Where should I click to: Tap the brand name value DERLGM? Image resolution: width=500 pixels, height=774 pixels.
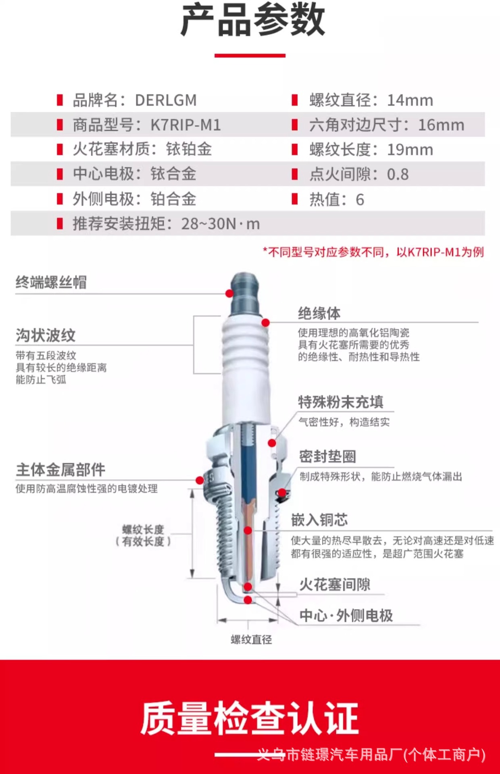(166, 100)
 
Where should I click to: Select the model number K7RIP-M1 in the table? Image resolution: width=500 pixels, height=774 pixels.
(186, 125)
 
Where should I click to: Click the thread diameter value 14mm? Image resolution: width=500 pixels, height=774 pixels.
(410, 100)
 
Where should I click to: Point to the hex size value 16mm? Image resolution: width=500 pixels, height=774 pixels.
(441, 125)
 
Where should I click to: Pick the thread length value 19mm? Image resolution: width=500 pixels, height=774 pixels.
(410, 150)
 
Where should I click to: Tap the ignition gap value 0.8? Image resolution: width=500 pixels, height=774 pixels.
(398, 175)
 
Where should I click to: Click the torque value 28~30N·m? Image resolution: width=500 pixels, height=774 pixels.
(221, 224)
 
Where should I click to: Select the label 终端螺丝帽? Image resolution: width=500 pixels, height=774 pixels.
(51, 282)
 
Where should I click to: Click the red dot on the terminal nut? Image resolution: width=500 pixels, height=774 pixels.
(229, 293)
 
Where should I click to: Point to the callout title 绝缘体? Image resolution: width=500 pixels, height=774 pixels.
(319, 313)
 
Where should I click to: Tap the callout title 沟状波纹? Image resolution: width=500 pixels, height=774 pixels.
(46, 335)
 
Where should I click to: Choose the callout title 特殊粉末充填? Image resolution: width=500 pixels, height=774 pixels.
(341, 402)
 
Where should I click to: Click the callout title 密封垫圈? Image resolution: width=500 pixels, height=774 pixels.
(327, 456)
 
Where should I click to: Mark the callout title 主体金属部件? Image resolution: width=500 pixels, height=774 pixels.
(60, 470)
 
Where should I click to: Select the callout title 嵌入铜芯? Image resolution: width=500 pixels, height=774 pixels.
(319, 520)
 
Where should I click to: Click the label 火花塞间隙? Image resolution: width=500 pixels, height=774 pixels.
(335, 584)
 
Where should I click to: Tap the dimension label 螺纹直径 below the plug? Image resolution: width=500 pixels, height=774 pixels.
(251, 639)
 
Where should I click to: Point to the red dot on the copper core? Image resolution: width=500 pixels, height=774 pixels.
(248, 531)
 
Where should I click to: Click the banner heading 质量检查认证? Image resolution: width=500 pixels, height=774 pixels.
(250, 718)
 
